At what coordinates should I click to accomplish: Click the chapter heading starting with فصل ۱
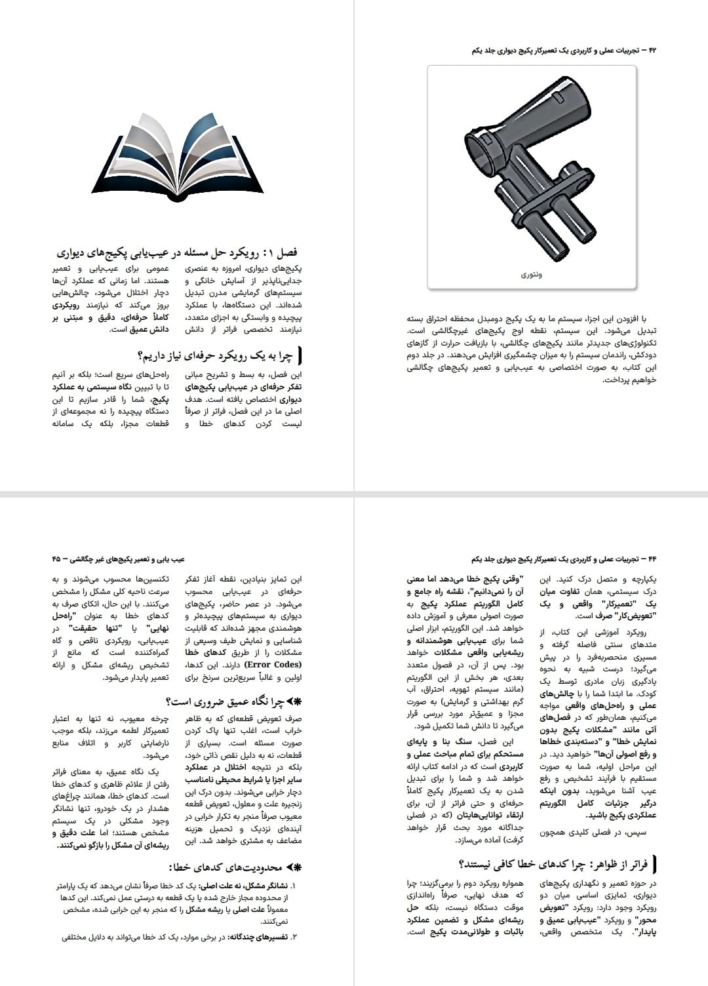pyautogui.click(x=177, y=252)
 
